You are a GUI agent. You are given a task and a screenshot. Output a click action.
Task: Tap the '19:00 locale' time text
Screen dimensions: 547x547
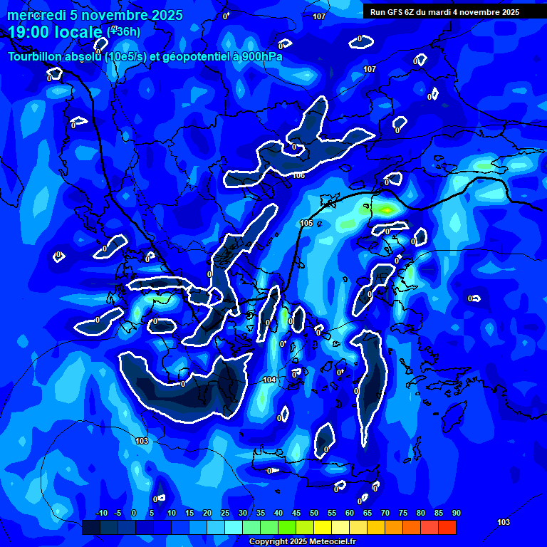coord(56,32)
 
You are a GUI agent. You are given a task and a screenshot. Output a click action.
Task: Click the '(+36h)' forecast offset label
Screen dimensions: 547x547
coord(123,31)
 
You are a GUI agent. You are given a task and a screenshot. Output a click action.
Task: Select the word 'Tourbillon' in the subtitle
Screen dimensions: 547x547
coord(36,57)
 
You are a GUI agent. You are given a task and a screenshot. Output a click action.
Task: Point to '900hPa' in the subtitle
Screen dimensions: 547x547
coord(260,57)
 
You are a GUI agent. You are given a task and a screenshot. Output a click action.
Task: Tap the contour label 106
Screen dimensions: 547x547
coord(298,175)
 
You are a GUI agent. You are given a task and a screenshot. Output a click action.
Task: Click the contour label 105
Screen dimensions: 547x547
coord(306,224)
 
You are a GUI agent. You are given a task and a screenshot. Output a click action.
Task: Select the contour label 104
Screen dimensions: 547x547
coord(269,380)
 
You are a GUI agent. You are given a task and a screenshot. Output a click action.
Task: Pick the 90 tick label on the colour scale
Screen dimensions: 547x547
coord(456,513)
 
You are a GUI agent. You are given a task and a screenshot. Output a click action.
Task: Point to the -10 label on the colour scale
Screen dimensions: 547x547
coord(101,513)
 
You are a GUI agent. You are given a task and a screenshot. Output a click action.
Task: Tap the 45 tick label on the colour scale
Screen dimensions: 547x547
coord(296,513)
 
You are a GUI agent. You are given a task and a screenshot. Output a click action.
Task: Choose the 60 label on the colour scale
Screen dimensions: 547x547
coord(349,513)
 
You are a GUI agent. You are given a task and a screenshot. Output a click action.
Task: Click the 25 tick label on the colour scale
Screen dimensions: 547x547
coord(224,513)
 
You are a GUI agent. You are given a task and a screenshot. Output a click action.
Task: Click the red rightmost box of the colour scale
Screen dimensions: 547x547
coord(447,527)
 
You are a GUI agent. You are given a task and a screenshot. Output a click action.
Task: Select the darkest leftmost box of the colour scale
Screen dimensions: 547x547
coord(90,527)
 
